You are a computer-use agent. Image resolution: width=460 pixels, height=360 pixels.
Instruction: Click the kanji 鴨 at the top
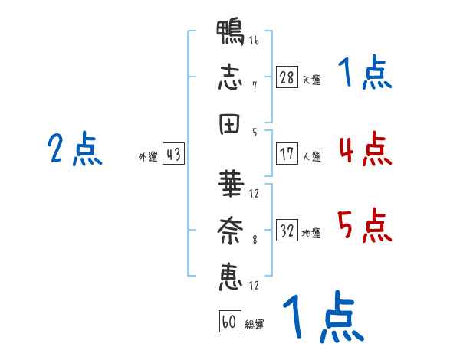point(230,32)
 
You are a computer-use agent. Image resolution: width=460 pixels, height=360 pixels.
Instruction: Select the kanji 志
point(230,77)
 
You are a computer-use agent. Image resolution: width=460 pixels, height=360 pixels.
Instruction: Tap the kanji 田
point(230,124)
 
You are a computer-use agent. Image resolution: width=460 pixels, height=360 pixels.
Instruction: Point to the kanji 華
point(231,184)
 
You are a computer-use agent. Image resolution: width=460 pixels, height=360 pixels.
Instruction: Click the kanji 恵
point(231,277)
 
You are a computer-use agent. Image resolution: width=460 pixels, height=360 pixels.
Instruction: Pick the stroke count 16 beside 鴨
point(254,40)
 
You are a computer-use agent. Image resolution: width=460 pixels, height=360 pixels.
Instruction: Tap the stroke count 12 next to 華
point(254,194)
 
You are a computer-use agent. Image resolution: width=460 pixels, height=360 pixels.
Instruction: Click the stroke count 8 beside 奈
point(255,240)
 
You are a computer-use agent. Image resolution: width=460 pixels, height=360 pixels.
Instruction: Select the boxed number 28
point(287,77)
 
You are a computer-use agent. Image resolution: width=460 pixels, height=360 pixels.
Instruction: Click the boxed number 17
point(287,154)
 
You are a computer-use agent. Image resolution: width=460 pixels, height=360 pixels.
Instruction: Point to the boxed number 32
point(287,230)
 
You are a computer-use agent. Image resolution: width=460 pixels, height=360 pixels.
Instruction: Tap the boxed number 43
point(173,154)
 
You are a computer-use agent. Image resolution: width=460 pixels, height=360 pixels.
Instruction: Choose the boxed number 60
point(230,322)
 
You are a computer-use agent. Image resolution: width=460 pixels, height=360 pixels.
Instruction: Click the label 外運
point(148,156)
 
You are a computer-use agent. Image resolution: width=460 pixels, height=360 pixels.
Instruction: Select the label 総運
point(255,324)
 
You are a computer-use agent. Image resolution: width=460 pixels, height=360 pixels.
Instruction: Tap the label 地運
point(311,233)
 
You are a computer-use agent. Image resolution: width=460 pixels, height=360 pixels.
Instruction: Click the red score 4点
point(366,149)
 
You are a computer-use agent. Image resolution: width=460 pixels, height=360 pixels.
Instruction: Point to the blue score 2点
point(75,149)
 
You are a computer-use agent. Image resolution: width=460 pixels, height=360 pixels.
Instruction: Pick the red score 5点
point(365,225)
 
